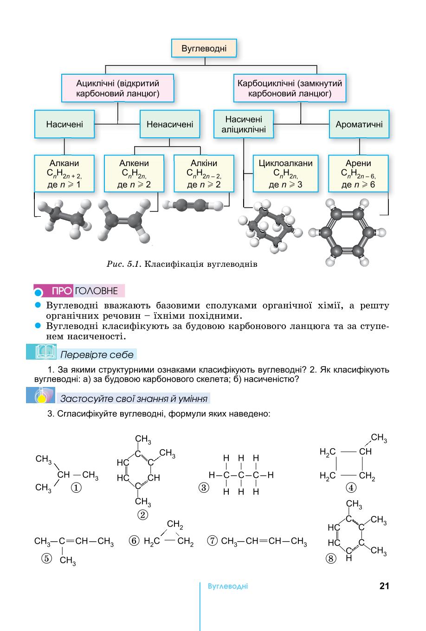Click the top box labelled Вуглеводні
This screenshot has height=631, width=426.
(204, 48)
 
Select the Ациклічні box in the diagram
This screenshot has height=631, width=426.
(117, 88)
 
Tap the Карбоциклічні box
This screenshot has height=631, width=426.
(290, 88)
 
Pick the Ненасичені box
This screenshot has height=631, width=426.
(170, 124)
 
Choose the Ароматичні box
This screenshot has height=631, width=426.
(359, 124)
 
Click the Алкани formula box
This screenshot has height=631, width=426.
(64, 174)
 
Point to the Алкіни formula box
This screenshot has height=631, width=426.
(204, 174)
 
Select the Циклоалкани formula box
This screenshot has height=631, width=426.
(285, 174)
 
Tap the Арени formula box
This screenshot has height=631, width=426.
(358, 174)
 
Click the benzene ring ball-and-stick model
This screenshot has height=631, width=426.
(347, 232)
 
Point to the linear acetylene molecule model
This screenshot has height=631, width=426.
(193, 205)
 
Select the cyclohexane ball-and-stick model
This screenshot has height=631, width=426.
(270, 227)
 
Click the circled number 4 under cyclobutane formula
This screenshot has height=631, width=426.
(351, 488)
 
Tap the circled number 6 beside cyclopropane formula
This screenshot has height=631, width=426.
(134, 541)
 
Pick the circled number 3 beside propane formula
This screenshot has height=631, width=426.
(204, 487)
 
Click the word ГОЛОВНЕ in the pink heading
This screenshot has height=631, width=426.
(97, 291)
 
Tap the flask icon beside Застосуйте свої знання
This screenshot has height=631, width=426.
(41, 395)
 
